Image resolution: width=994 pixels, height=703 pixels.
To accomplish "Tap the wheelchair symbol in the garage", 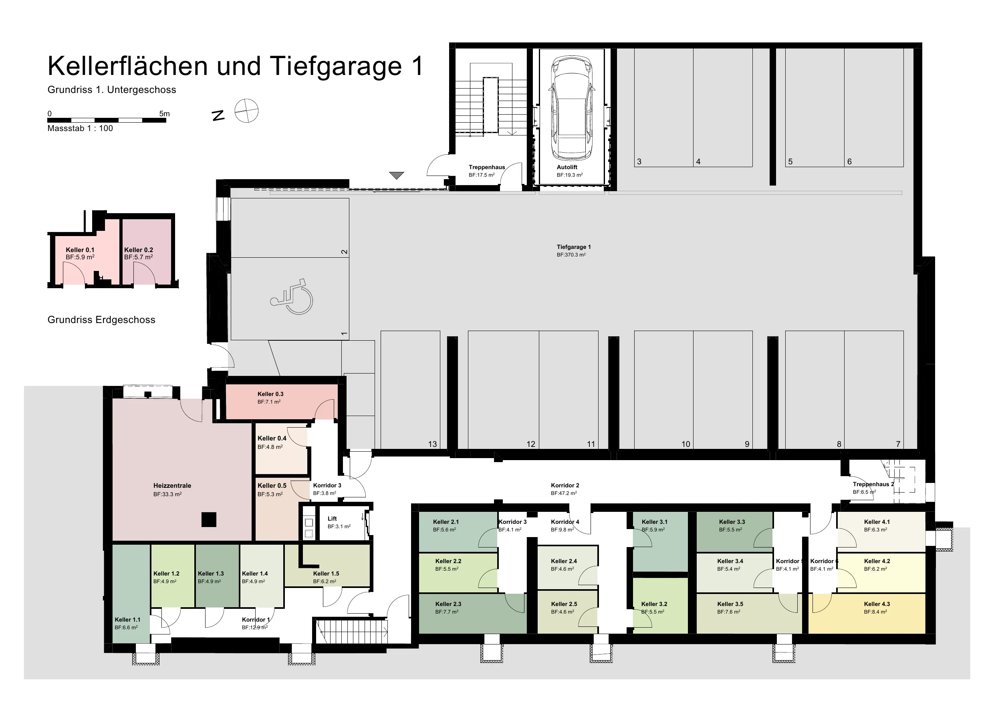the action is click(x=291, y=297).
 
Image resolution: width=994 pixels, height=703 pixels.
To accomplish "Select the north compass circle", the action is click(x=246, y=111).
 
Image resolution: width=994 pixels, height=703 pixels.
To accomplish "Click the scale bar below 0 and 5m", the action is click(x=107, y=120).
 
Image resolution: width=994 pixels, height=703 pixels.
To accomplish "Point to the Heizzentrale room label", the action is click(x=172, y=485).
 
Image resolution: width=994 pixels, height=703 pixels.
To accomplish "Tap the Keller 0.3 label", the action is click(x=270, y=394).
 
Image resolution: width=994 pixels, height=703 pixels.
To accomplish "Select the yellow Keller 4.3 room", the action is click(x=867, y=614).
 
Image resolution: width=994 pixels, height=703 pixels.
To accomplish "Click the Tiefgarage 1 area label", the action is click(x=574, y=247).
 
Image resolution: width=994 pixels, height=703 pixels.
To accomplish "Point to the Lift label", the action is click(x=332, y=519).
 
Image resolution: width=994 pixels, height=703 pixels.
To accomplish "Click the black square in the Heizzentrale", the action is click(x=209, y=519).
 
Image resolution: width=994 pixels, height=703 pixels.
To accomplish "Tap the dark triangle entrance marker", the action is click(x=396, y=175).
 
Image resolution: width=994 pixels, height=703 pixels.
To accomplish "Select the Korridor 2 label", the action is click(x=565, y=485).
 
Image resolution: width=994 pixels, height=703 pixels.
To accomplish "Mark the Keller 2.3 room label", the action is click(x=448, y=604).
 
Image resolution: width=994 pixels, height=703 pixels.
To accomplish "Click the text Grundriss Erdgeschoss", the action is click(x=101, y=320).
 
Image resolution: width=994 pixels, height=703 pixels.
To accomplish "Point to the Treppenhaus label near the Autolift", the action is click(x=487, y=167).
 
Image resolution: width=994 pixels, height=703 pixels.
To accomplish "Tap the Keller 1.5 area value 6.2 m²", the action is click(x=325, y=581).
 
